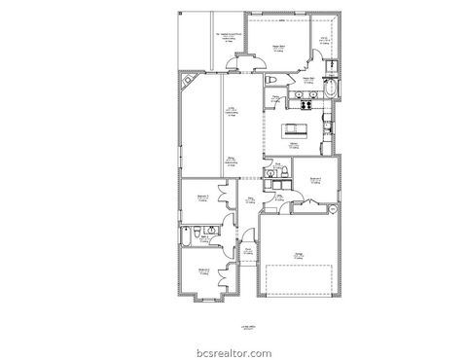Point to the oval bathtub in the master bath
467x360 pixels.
334,90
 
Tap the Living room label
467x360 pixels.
232,112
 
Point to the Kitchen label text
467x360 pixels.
292,145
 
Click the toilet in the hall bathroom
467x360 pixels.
197,233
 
